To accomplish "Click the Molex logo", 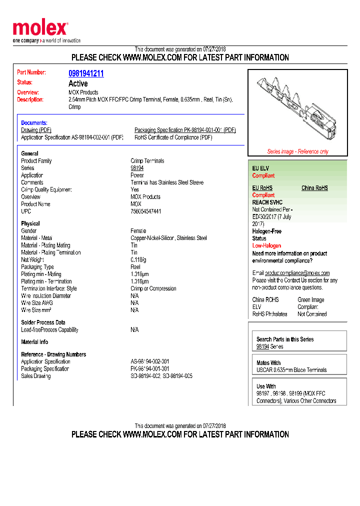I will click(40, 29).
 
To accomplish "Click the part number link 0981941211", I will click(86, 73).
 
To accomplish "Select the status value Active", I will click(78, 83).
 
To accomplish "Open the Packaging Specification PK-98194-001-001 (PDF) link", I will click(185, 130).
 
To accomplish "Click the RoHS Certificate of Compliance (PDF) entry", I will click(173, 137).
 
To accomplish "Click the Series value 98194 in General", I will click(137, 168).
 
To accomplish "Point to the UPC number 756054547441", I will click(146, 211).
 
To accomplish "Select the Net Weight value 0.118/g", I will click(138, 260).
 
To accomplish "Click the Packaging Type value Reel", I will click(135, 267).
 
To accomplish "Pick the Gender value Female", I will click(138, 231).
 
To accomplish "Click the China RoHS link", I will click(314, 188).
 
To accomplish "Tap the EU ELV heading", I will click(260, 168).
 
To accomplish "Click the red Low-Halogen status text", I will click(266, 245).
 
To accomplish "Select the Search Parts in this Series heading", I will click(285, 339).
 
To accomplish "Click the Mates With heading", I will click(268, 363).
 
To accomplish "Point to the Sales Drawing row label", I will click(36, 376).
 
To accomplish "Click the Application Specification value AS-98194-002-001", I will click(150, 361).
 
